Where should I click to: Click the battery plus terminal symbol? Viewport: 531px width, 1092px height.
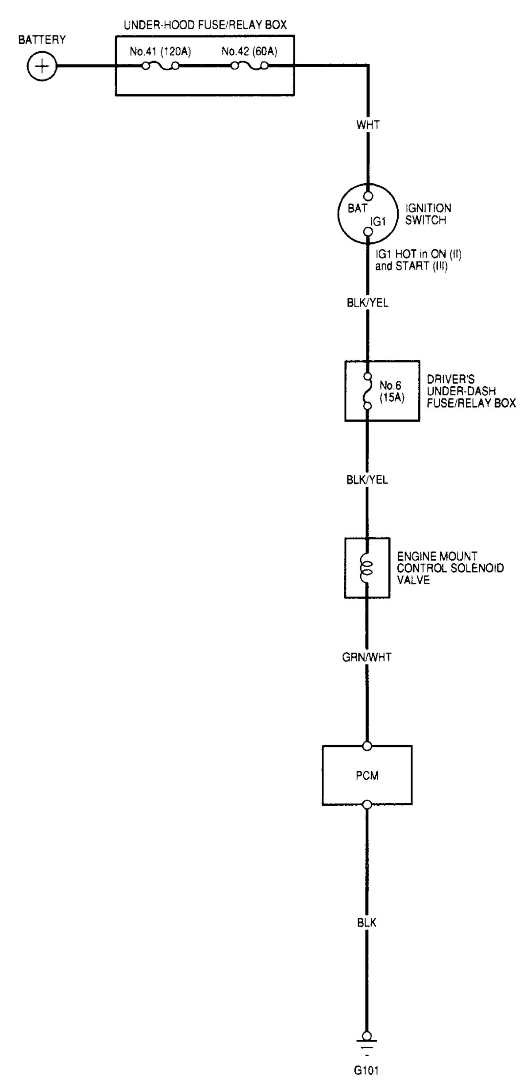click(x=42, y=67)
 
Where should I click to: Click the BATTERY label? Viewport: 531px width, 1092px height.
click(x=42, y=40)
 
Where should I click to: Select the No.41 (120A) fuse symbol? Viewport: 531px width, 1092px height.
click(x=160, y=66)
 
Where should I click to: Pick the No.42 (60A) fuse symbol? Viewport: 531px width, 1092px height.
click(x=250, y=66)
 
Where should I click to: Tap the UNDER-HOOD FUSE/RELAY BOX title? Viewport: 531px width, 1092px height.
click(x=205, y=25)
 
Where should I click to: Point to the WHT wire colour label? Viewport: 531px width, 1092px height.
click(x=368, y=125)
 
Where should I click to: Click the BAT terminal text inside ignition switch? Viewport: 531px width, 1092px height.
click(x=357, y=208)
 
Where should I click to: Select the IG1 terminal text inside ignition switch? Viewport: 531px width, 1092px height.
click(x=378, y=221)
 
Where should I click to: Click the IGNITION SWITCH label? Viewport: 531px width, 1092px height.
click(x=428, y=214)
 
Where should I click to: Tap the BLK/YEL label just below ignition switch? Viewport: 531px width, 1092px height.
click(x=367, y=303)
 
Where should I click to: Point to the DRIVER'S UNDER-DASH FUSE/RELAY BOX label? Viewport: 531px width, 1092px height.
click(x=471, y=391)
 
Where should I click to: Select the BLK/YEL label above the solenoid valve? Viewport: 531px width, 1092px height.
click(x=367, y=480)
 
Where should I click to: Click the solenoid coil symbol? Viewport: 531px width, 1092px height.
click(x=367, y=568)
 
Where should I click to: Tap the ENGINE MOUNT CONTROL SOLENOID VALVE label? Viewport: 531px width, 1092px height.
click(x=450, y=568)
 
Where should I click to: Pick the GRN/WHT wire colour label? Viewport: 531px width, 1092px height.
click(x=367, y=657)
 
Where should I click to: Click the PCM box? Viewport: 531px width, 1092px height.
click(x=367, y=775)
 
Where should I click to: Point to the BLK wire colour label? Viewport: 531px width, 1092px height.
click(x=367, y=923)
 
